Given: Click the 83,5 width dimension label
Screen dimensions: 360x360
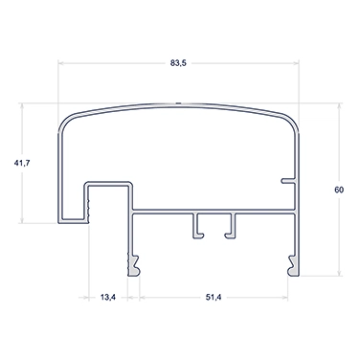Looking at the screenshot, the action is (178, 63).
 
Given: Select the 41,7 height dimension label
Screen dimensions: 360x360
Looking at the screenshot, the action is (22, 163).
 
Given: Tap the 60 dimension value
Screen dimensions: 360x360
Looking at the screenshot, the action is (339, 190).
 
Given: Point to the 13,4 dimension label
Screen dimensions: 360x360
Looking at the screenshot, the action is (108, 298).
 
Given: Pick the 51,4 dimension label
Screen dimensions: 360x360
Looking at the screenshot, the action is (214, 298).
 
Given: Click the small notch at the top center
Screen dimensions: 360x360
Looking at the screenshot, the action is (178, 103).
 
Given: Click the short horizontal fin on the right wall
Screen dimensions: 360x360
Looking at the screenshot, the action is (288, 181).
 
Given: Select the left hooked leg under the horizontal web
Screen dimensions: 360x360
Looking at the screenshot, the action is (197, 226).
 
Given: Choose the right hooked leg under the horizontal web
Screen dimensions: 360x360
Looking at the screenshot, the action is (232, 226).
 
